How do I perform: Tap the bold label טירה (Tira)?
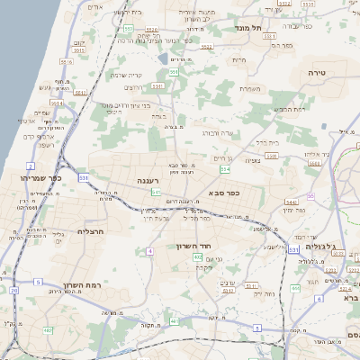[316, 71]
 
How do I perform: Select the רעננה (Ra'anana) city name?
[148, 182]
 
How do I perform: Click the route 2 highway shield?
[31, 166]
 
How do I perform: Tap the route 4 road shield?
[148, 251]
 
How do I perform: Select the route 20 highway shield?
[13, 291]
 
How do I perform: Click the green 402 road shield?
[197, 257]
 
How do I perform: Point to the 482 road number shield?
[47, 329]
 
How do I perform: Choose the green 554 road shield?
[224, 169]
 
